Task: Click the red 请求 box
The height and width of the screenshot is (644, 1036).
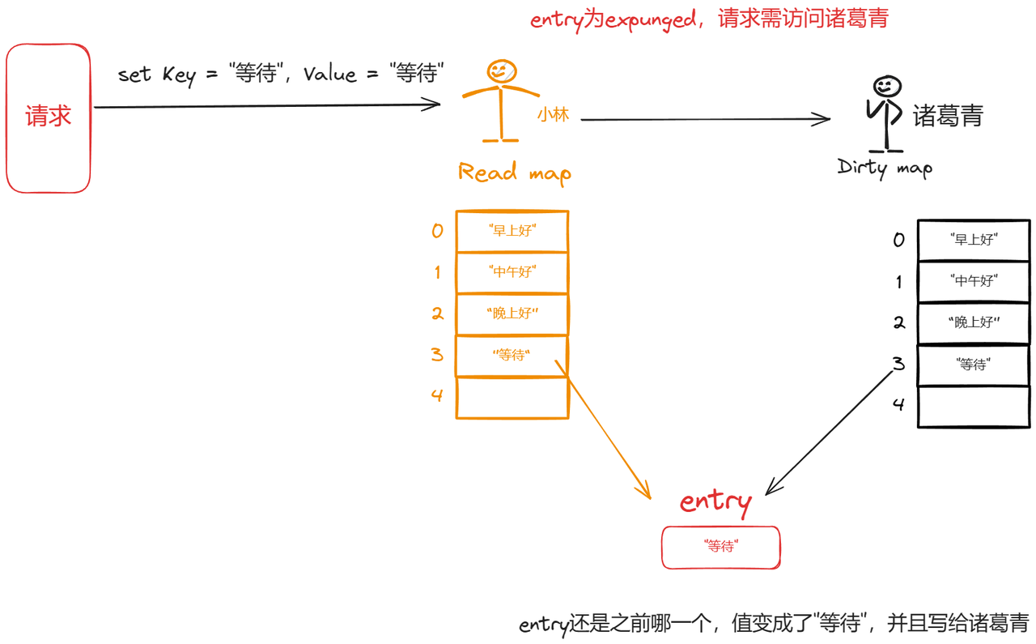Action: tap(49, 118)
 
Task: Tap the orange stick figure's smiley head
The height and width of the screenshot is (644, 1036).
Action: tap(502, 71)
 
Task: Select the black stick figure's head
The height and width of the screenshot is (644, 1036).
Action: tap(887, 86)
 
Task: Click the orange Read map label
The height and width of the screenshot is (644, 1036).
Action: tap(514, 173)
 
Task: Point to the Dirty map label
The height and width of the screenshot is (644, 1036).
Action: tap(885, 168)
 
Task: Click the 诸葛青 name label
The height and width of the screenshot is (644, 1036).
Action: tap(948, 116)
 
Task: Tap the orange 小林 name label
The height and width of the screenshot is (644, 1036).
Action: tap(553, 115)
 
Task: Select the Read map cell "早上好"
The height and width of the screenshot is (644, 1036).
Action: tap(512, 231)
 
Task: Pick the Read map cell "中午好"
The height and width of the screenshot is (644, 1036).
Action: tap(512, 272)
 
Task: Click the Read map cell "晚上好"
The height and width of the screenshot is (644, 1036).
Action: tap(512, 313)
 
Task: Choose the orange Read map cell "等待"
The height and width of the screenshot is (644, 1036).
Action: tap(512, 355)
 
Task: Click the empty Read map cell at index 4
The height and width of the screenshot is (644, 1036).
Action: tap(512, 397)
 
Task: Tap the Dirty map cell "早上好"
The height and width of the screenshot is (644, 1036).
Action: tap(973, 240)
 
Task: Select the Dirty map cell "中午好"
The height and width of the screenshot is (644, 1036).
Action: tap(973, 282)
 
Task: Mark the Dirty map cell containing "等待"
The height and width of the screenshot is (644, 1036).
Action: tap(973, 365)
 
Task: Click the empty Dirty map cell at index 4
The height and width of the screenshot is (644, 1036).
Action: tap(973, 406)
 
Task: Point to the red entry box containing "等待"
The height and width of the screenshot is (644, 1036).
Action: tap(720, 547)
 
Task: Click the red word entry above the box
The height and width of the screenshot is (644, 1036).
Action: tap(715, 502)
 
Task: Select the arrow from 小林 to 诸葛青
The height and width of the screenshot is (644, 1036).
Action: tap(704, 120)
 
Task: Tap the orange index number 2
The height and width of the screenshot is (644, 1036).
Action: tap(437, 313)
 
